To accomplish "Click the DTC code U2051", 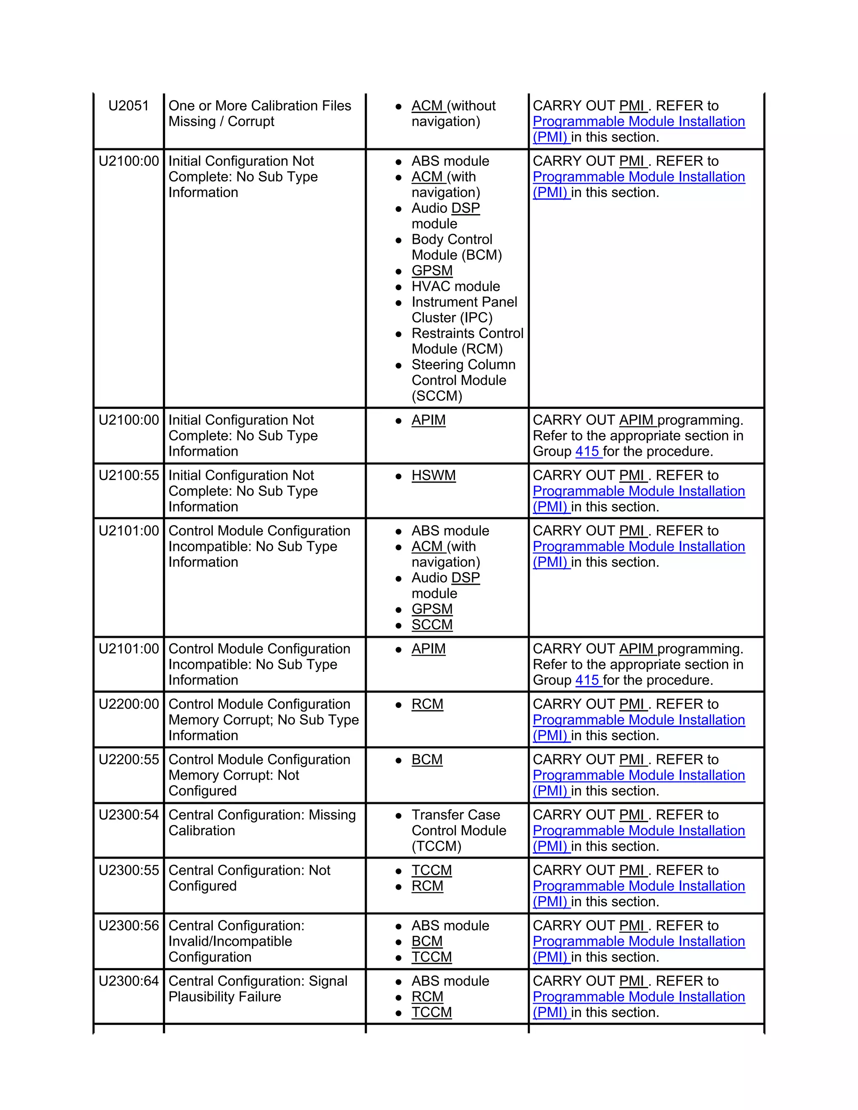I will [128, 106].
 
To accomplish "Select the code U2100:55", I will [129, 475].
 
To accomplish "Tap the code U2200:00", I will [129, 704].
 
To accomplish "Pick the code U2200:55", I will [129, 759].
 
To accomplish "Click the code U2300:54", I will [129, 815].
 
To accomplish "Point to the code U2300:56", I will [129, 926].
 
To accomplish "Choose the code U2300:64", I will [129, 981].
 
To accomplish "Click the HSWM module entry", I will [433, 475].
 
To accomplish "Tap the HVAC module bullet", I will [455, 286].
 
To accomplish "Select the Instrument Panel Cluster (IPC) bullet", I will [464, 310].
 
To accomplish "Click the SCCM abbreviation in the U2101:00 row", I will [432, 625].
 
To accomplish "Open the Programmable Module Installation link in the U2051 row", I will [638, 121].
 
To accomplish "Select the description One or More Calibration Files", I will [259, 106].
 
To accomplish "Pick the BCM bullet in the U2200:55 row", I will [426, 759].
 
